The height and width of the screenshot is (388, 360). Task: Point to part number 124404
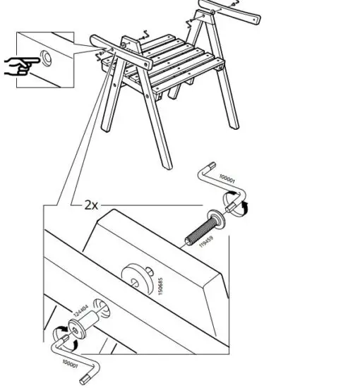click(80, 313)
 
